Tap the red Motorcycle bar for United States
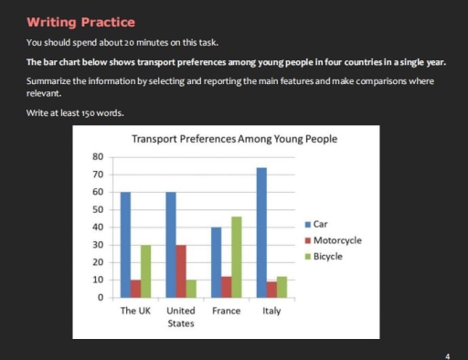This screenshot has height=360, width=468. click(x=181, y=271)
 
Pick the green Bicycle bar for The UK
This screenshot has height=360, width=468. click(x=145, y=271)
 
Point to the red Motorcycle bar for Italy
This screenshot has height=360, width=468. click(x=271, y=290)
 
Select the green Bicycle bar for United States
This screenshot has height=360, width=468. click(x=191, y=289)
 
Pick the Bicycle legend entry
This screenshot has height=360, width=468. click(x=327, y=257)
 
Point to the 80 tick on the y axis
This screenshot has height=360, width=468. click(x=98, y=156)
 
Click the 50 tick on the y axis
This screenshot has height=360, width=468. click(x=98, y=209)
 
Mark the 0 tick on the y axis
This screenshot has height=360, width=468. click(x=101, y=298)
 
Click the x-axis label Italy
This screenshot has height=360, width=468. click(x=271, y=312)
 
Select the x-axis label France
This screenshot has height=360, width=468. click(x=226, y=312)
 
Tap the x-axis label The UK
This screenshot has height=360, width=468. click(x=135, y=312)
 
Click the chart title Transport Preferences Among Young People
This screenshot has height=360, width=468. click(x=234, y=140)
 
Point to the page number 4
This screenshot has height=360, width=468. click(x=447, y=355)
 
